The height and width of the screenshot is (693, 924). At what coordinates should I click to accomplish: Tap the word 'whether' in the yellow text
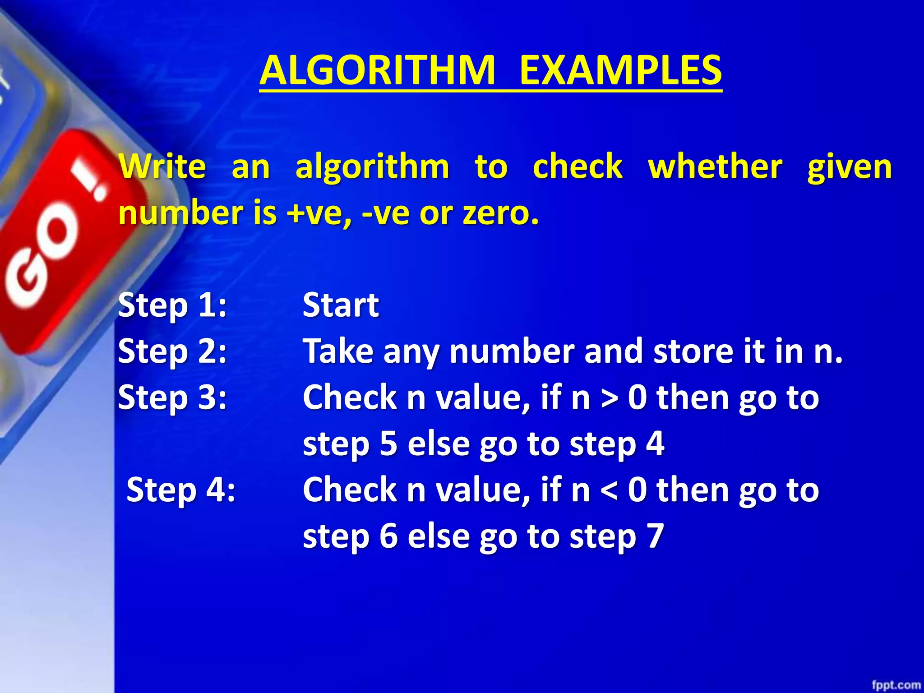(x=715, y=166)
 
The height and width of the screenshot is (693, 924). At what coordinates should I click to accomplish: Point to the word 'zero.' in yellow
(x=501, y=213)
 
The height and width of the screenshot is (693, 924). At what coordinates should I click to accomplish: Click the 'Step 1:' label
(x=172, y=305)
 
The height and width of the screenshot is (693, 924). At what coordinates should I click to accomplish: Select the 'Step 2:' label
(x=172, y=351)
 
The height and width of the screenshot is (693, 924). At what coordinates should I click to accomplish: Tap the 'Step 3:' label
(x=172, y=398)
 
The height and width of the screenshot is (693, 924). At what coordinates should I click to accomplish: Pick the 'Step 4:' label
(x=180, y=490)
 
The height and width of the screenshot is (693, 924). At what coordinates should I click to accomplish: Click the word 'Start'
(x=341, y=305)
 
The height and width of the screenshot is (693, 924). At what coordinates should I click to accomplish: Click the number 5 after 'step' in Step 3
(x=388, y=444)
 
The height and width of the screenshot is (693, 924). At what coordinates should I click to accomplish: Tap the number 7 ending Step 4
(x=655, y=536)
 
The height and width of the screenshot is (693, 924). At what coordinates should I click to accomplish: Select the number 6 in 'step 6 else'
(x=388, y=536)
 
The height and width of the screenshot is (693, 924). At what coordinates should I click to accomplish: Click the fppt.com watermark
(x=896, y=685)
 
